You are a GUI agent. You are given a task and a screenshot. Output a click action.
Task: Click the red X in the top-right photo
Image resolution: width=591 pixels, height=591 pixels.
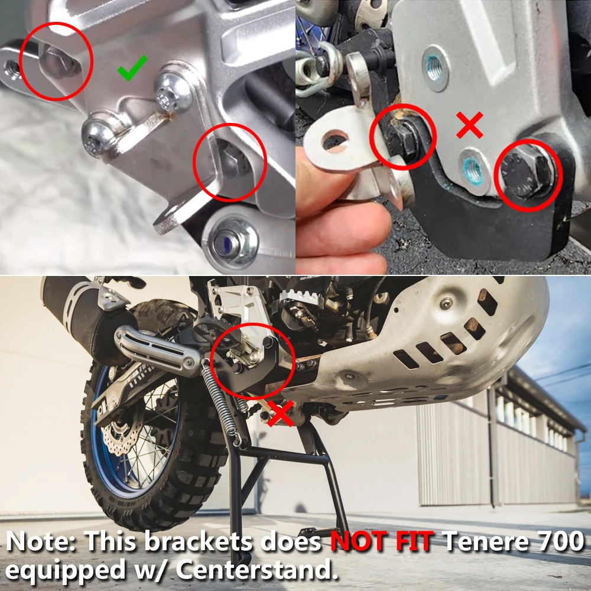point(470,125)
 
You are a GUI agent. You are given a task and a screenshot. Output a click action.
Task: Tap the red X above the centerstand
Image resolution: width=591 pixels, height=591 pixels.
point(280,413)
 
